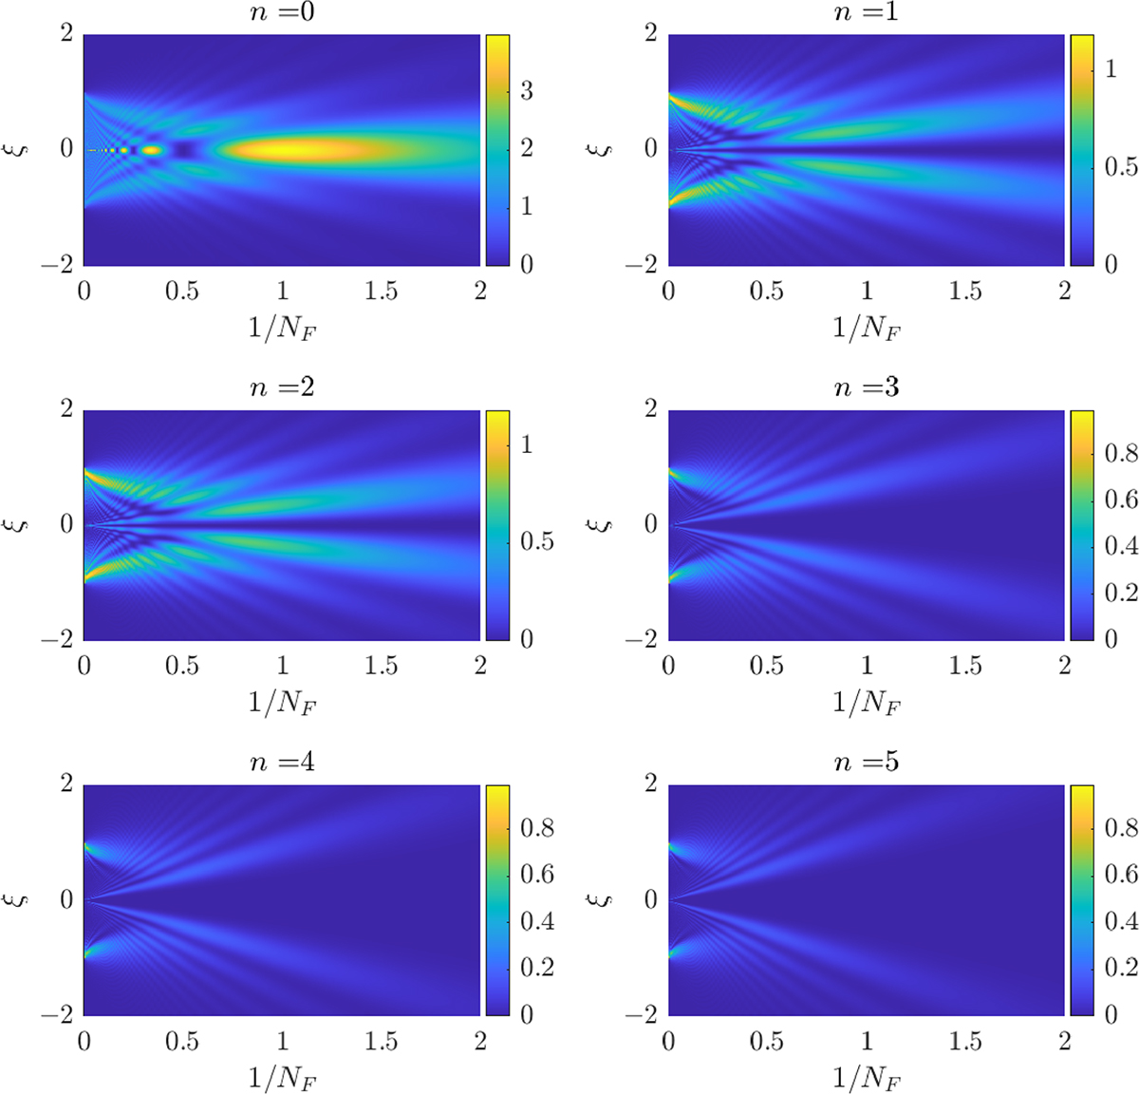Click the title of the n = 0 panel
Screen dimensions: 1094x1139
click(281, 13)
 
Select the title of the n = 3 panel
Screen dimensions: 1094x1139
click(866, 387)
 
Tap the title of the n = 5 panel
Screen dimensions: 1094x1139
click(866, 762)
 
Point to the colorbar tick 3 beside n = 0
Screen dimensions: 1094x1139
click(527, 91)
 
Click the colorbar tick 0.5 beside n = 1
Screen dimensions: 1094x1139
click(1121, 167)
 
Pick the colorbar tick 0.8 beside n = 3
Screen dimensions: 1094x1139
click(1121, 453)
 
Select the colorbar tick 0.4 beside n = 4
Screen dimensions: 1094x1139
click(536, 921)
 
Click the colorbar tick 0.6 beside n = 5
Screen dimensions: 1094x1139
click(1121, 875)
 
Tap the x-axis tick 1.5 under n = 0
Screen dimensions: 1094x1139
click(381, 291)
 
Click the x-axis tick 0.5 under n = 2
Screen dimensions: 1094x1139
click(182, 666)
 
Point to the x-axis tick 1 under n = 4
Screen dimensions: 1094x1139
click(282, 1041)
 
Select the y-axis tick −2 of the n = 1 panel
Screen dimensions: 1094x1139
click(644, 264)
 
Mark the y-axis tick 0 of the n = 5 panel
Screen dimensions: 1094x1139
click(651, 898)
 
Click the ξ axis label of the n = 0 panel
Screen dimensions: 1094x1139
click(21, 149)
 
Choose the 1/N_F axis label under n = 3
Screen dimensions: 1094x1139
click(866, 704)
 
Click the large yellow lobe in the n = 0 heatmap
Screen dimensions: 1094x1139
click(313, 149)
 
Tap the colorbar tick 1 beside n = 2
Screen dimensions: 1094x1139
click(527, 444)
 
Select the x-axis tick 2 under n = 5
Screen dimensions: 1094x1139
click(1064, 1041)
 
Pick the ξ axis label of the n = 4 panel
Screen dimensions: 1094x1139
click(21, 898)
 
